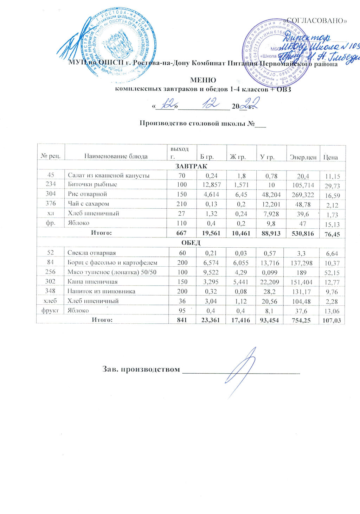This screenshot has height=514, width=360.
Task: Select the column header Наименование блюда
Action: (116, 156)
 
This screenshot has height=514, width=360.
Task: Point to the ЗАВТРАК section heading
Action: (191, 166)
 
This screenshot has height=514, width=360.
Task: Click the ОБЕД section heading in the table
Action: (191, 243)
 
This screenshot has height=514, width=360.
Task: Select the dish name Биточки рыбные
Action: (92, 184)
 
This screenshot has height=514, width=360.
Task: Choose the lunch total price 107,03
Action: (331, 321)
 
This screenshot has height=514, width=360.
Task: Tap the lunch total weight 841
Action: (182, 320)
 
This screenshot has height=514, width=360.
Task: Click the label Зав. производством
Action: (141, 369)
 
